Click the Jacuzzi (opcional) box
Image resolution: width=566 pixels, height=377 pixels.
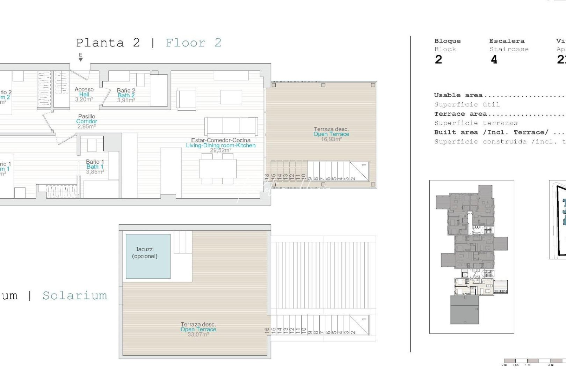tap(148, 256)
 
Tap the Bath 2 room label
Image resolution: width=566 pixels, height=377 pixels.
tap(126, 95)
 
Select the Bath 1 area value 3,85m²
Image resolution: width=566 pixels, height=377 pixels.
tap(95, 172)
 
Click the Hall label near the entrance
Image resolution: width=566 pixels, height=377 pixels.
tap(84, 94)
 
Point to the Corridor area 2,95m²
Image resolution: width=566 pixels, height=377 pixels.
tap(87, 126)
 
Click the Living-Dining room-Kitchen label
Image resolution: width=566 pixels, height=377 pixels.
tap(220, 145)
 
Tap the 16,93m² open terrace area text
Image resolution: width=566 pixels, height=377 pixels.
tap(331, 139)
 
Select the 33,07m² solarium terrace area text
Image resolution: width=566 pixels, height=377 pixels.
tap(198, 334)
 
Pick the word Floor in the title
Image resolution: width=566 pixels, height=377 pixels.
tap(185, 43)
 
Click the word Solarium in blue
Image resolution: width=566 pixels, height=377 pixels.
tap(75, 296)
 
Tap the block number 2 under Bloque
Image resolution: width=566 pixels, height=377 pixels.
tap(438, 60)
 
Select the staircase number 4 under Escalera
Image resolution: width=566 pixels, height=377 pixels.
tap(494, 60)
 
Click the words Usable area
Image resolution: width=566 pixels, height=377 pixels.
tap(458, 95)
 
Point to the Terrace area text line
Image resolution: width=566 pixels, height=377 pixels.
tap(460, 114)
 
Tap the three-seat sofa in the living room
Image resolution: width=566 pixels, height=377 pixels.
tap(231, 126)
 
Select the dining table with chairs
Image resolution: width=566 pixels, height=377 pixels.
tap(218, 169)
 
